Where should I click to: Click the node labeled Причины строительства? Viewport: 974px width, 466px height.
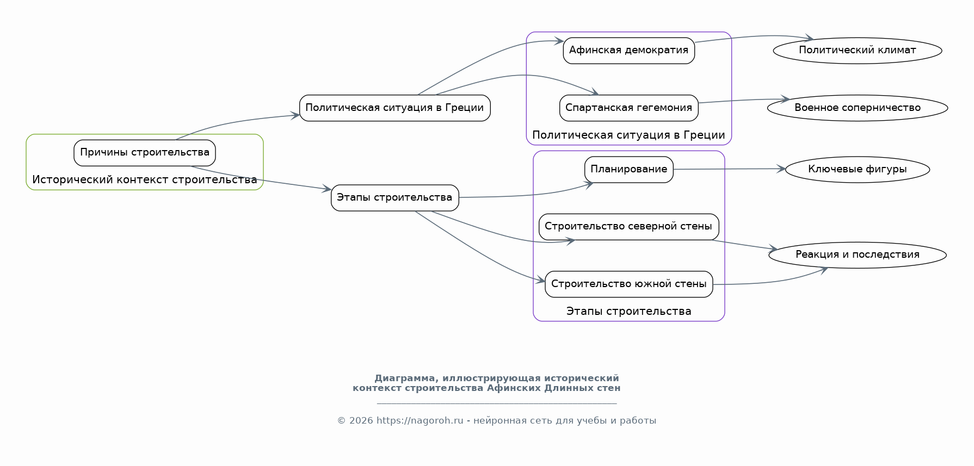click(x=145, y=153)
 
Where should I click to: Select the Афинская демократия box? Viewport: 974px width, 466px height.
click(x=629, y=51)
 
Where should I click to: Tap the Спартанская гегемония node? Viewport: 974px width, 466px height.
click(x=629, y=108)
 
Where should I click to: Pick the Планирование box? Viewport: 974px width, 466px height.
click(x=629, y=170)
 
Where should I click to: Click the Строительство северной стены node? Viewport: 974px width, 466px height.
click(x=629, y=227)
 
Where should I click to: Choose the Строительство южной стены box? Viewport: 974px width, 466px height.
click(x=629, y=284)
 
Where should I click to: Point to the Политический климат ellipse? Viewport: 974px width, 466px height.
click(x=858, y=51)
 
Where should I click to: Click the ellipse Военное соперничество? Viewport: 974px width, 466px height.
click(x=858, y=108)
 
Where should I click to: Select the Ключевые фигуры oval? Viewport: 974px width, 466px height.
click(x=858, y=170)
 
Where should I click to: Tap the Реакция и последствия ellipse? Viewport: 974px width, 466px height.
click(x=858, y=255)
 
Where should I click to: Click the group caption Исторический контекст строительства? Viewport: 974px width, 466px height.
click(x=145, y=180)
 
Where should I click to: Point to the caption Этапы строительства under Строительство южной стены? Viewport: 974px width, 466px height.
click(x=629, y=312)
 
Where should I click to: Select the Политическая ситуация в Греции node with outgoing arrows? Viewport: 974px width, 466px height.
click(x=395, y=108)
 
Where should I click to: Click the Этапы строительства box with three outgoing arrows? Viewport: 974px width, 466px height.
click(x=395, y=198)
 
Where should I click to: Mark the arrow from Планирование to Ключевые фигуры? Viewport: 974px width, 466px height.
click(x=729, y=169)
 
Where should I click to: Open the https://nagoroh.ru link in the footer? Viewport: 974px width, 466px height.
click(x=420, y=421)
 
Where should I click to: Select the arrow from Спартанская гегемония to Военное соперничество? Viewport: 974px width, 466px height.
click(x=744, y=100)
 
